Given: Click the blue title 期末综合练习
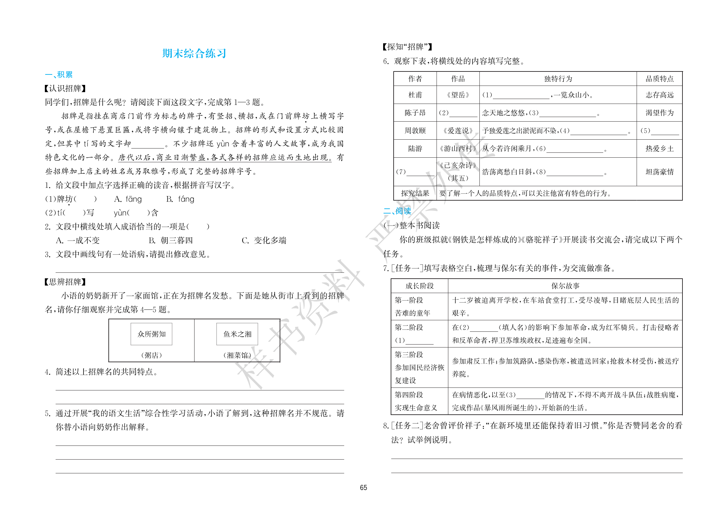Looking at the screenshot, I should coord(194,53).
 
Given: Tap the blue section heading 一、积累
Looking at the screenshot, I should coord(59,74).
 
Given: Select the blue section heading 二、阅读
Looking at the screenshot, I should coord(397,211).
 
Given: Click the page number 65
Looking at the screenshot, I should coord(363,487).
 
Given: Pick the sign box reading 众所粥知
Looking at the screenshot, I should coord(151,334).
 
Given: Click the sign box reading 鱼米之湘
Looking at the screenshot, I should coord(237,334).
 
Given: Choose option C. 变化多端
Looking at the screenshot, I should coord(264,240).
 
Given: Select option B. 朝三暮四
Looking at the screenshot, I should coord(171,240).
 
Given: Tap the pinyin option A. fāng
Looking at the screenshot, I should coord(128,199).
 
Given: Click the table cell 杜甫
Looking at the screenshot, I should coord(415,95).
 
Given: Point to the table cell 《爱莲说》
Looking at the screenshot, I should coord(458,131).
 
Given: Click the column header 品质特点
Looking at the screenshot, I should coord(660,79).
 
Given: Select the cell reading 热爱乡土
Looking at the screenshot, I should coord(660,149).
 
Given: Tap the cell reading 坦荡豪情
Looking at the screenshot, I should coord(660,172).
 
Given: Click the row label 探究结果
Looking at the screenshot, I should coord(415,193).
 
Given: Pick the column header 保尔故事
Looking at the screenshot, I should coord(565,286).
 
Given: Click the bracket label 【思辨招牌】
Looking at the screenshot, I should coord(65,282).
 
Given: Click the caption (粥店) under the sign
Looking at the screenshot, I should coord(151,355).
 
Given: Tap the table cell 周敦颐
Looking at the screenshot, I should coord(415,131).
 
